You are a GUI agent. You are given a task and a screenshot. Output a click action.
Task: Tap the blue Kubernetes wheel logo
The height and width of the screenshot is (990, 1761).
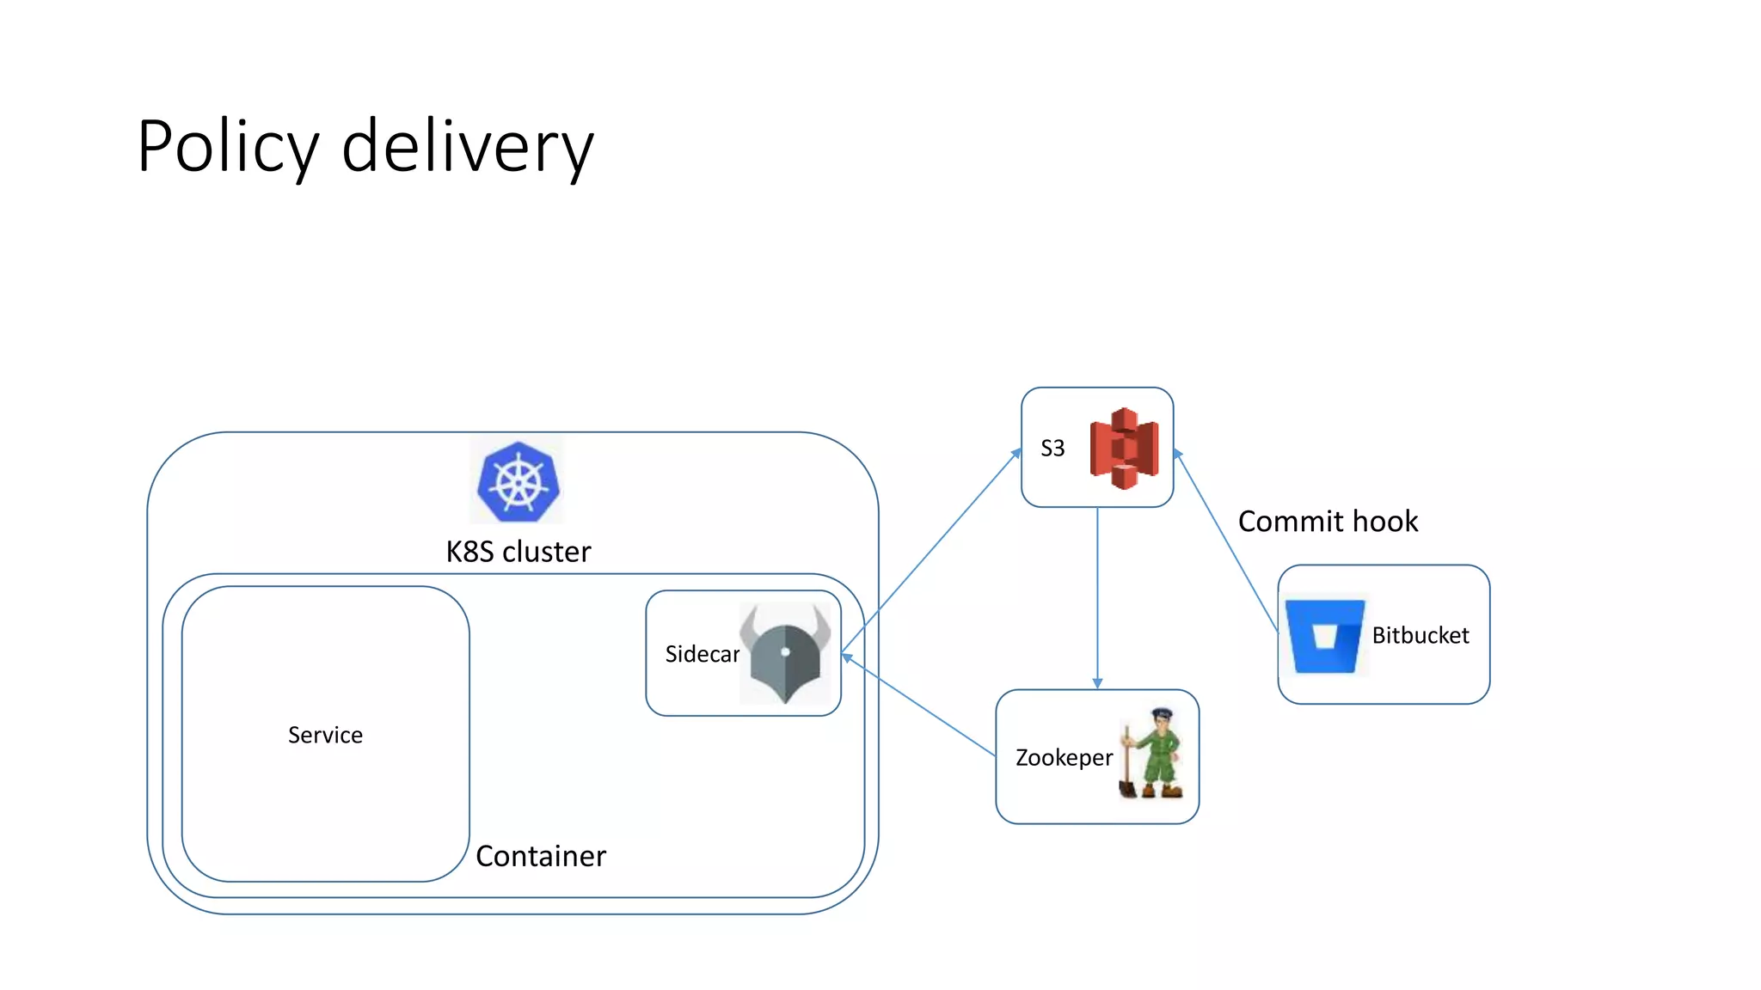[518, 482]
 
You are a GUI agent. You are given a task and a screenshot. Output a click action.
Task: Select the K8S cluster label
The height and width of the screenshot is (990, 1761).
[518, 552]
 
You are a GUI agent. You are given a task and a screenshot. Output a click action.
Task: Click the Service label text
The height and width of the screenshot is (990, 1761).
[325, 735]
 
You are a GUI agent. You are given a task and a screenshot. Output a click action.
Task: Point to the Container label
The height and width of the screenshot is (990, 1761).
[541, 856]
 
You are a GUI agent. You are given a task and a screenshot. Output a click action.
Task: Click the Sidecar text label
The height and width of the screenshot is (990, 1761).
[702, 654]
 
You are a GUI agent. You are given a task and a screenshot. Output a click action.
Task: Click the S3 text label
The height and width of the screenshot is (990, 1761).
[1052, 448]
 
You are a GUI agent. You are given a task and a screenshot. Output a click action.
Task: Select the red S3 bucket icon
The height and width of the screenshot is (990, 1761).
[1124, 449]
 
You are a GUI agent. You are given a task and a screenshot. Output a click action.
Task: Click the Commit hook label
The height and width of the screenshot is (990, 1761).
[1328, 522]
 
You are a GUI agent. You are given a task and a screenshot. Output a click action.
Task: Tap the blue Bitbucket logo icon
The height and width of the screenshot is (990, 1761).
[1324, 636]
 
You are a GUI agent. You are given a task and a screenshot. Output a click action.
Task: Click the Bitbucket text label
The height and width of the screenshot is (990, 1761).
[1420, 636]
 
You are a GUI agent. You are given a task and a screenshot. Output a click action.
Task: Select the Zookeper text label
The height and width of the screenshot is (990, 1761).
[1064, 758]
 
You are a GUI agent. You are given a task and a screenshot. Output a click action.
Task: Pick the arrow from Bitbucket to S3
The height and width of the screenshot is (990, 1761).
[1226, 541]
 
